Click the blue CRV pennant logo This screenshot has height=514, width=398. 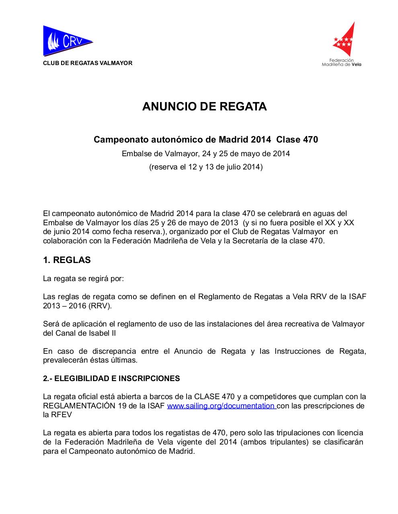coord(66,41)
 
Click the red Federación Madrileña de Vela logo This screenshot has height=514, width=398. coord(344,40)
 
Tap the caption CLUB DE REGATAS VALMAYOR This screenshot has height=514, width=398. coord(88,63)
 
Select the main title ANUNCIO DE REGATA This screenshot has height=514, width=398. coord(205,107)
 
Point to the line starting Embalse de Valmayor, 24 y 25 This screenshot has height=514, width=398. coord(206,153)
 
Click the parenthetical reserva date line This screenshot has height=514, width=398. coord(206,167)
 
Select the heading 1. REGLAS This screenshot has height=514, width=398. coord(67,260)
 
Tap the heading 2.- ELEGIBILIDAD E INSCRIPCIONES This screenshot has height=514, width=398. coord(111,379)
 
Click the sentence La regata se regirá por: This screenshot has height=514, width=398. coord(84,278)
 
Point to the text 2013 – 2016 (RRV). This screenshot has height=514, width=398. coord(78,306)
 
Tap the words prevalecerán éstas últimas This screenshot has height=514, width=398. coord(90,360)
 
